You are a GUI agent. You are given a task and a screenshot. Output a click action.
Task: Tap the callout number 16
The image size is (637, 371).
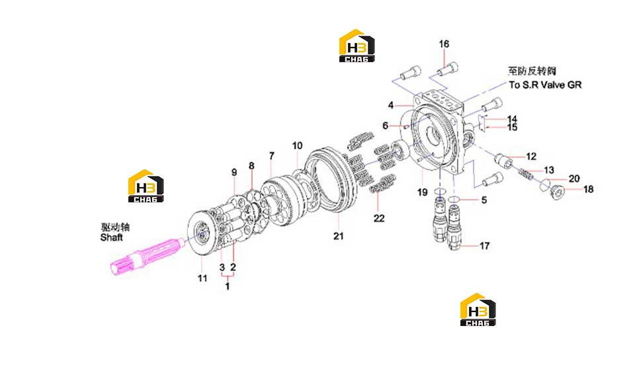coord(444,44)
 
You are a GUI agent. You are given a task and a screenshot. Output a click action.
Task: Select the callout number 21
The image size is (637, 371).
coord(339,235)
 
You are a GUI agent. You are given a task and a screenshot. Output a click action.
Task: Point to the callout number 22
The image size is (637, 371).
coord(379,218)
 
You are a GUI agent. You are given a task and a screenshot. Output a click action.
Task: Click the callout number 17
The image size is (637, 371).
coord(484,246)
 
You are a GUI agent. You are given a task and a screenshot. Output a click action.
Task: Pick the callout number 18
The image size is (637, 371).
coord(588,189)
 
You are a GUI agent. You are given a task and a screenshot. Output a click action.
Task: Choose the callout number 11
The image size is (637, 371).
coord(202,278)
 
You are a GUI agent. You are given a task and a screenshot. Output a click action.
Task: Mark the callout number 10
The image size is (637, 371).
coord(298,145)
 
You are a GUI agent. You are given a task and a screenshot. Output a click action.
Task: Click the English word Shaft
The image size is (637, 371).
coord(111,237)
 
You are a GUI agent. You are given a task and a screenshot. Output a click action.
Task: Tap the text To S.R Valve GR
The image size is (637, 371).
coord(545,85)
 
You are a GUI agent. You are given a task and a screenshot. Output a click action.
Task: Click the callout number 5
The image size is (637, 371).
coord(484,200)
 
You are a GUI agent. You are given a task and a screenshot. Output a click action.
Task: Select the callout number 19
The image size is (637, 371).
coord(423,192)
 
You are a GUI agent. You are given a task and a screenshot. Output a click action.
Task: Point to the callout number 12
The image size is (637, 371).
coord(531,157)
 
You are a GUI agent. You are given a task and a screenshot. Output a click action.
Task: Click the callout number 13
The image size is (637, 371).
coord(549,170)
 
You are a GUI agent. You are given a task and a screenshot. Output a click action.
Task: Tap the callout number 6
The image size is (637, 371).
coord(385,126)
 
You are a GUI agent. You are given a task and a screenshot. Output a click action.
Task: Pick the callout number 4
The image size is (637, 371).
coord(391,105)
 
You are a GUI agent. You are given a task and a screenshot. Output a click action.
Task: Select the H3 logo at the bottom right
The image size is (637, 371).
coord(478,309)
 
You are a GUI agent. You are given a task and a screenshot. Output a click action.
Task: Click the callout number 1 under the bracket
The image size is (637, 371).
coord(228,286)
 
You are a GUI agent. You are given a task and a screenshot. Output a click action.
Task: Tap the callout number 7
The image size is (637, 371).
coord(272,155)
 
